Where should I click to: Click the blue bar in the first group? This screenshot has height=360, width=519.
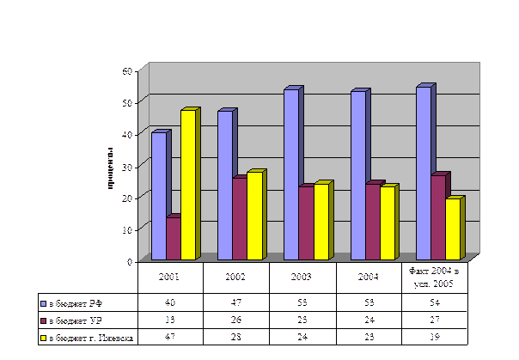coord(158,195)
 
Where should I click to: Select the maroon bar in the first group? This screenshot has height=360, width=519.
coord(173,238)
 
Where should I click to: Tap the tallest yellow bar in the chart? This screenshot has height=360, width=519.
coord(187,185)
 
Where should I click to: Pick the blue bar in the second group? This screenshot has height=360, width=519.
coord(224,185)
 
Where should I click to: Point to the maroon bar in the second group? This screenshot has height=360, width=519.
coord(239,218)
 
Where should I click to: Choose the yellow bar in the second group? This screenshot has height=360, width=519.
coord(253,216)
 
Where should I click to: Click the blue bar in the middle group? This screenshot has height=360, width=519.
coord(290,174)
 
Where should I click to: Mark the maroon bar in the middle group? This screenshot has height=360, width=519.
coord(305,223)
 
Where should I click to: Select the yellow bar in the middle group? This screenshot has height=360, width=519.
coord(320,222)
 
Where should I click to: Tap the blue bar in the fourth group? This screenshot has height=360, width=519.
coord(357,174)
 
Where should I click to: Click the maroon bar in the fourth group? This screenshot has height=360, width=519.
coord(371,222)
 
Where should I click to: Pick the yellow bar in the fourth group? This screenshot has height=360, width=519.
coord(386,223)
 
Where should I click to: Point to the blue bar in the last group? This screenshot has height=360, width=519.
coord(423,172)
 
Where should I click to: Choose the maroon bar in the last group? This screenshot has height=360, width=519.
coord(437,217)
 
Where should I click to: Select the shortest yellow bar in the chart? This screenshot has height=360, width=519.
coord(452,229)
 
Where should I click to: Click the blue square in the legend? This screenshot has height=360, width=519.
coord(43,303)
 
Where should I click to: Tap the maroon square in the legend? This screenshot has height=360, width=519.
coord(43,320)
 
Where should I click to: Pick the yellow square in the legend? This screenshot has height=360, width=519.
coord(43,338)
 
